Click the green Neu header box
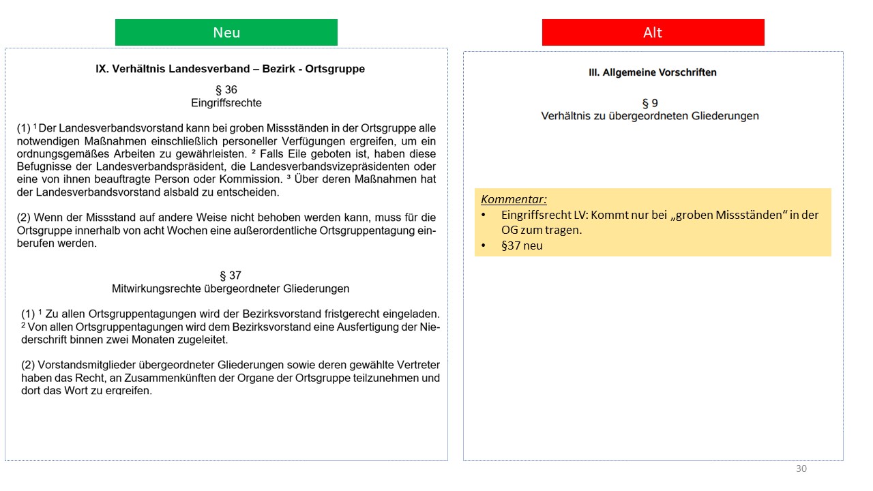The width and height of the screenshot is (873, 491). (x=226, y=33)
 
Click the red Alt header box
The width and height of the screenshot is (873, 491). (x=653, y=33)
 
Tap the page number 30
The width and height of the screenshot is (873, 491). (x=801, y=468)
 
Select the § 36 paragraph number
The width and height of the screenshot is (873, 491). (x=226, y=89)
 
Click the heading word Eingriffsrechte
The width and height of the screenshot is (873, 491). (x=226, y=103)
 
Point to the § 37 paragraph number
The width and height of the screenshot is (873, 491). (x=231, y=276)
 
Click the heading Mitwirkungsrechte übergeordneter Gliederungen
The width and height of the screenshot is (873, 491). (x=231, y=288)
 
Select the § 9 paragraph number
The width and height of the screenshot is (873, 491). (x=650, y=103)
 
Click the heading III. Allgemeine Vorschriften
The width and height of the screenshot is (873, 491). (x=653, y=72)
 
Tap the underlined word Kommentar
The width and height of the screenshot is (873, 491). (x=514, y=199)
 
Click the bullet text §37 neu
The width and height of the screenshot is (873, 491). (x=522, y=245)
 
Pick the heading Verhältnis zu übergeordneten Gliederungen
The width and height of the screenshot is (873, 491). (x=650, y=116)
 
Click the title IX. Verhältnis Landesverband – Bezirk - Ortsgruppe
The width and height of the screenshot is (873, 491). (x=231, y=69)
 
